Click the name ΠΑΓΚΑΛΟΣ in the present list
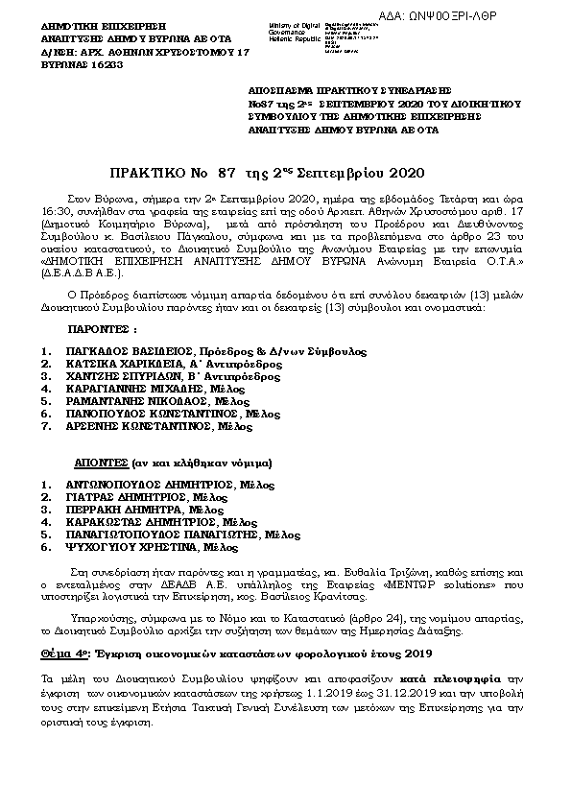[97, 351]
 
